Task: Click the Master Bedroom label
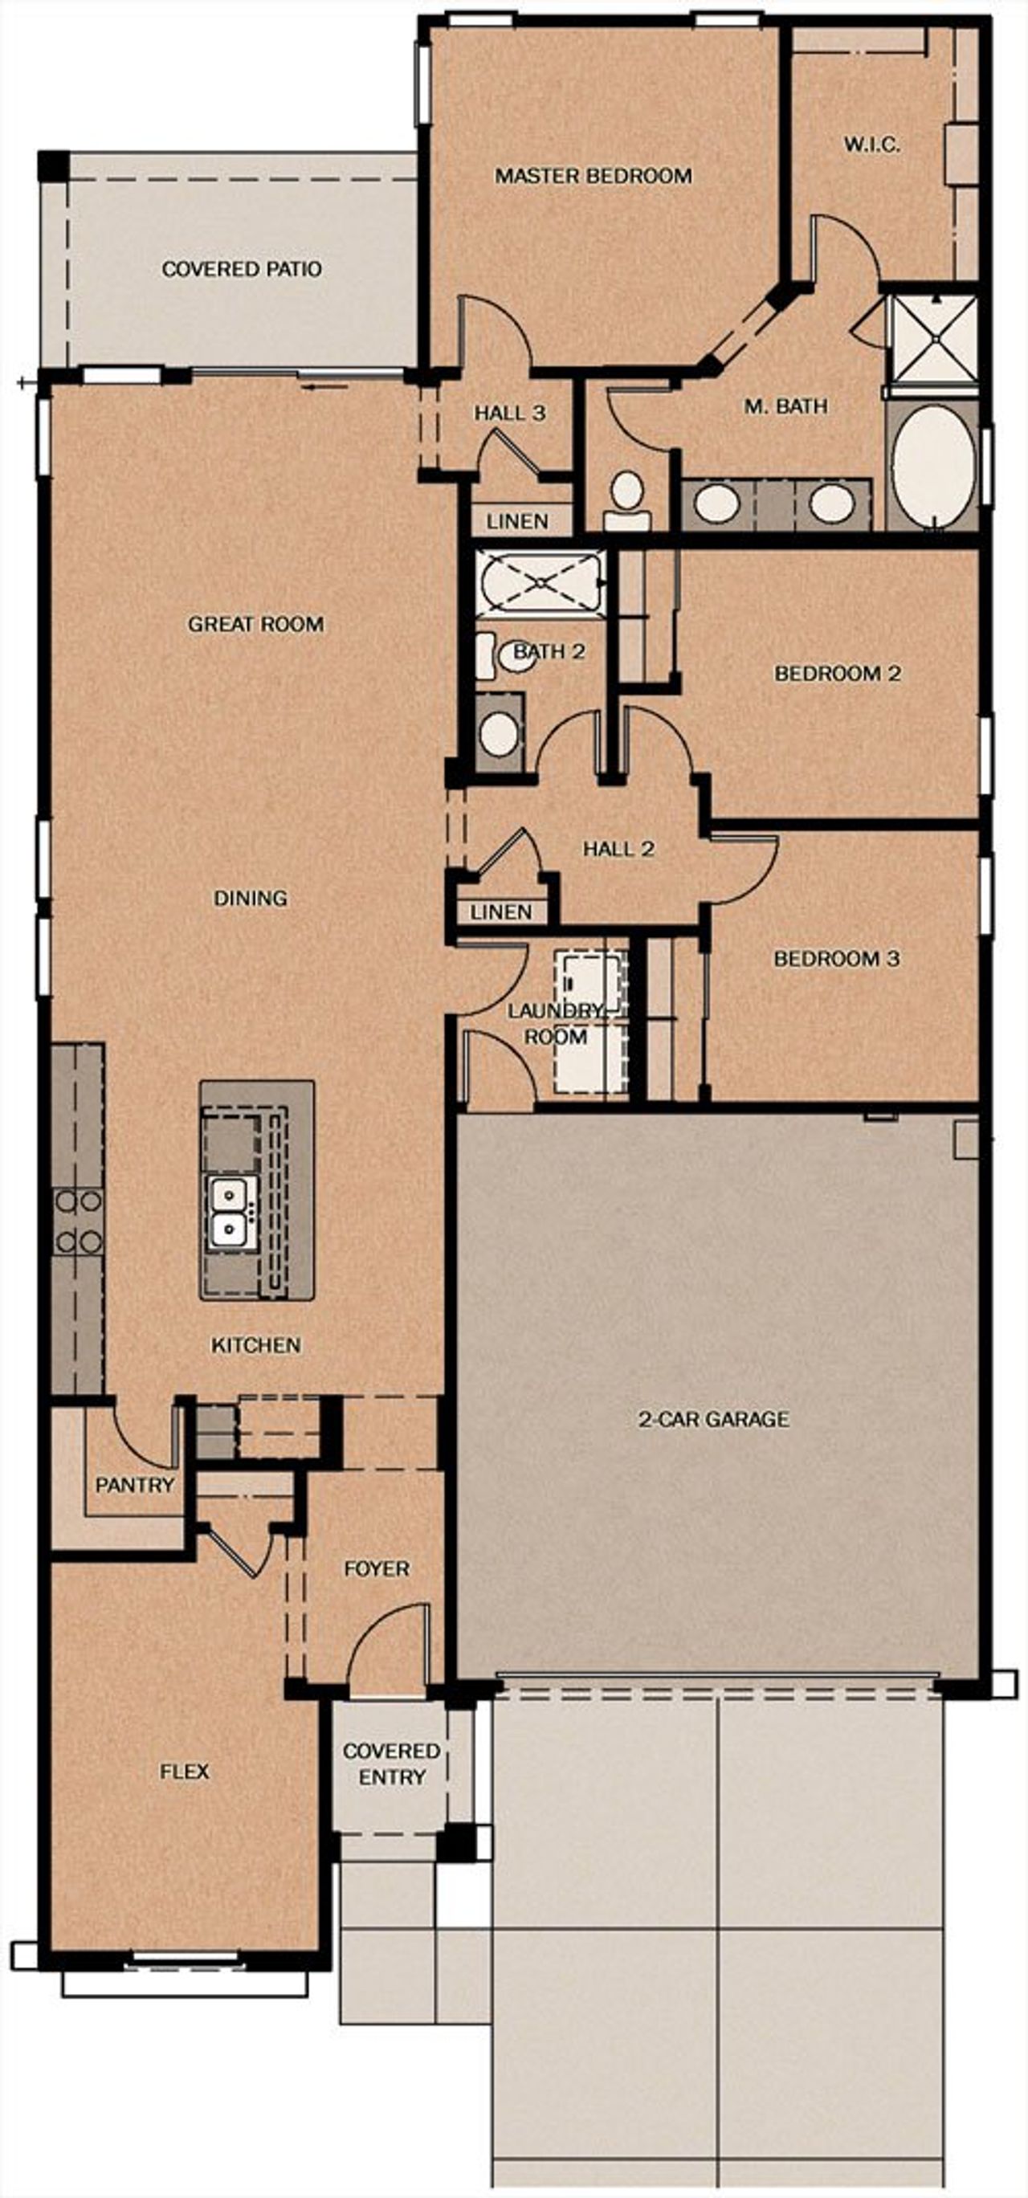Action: click(593, 176)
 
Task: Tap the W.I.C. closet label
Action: click(872, 145)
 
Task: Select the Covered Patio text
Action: click(242, 269)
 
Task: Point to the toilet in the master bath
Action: click(627, 500)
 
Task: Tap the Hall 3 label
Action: click(509, 413)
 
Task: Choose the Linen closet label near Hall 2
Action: click(501, 911)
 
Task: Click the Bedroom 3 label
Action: click(836, 958)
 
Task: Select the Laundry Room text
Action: click(554, 1023)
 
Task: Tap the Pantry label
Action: click(135, 1485)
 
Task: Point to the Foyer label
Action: click(376, 1568)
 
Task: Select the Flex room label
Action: click(184, 1772)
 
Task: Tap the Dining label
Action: click(250, 898)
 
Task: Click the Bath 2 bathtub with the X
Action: click(540, 582)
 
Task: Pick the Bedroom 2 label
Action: click(837, 673)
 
